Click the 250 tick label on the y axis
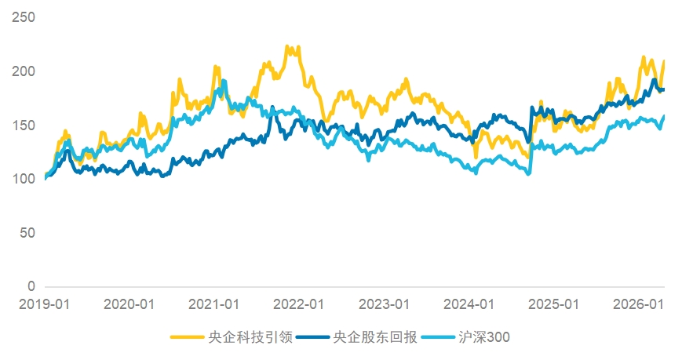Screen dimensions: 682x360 (24, 17)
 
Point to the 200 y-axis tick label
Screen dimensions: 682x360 (24, 71)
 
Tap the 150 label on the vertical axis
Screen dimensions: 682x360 (24, 125)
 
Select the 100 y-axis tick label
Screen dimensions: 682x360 (24, 179)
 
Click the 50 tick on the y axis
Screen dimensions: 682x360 (27, 233)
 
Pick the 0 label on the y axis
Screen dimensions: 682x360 (31, 286)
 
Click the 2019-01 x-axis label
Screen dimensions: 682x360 (45, 304)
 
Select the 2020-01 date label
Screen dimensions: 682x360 (129, 304)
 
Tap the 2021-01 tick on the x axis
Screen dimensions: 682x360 (214, 304)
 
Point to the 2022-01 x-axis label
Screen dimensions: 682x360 (299, 304)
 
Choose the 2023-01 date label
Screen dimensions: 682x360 (384, 304)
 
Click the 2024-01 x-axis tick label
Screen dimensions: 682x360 (469, 304)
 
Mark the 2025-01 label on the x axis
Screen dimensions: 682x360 (554, 304)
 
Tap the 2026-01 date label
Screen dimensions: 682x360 (639, 304)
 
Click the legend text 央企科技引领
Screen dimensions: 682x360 (250, 337)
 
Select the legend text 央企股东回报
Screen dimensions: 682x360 (375, 337)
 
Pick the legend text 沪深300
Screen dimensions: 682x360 (484, 337)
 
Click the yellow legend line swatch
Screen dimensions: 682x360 (187, 337)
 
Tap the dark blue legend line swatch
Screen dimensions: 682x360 (312, 337)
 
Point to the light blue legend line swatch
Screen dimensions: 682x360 (438, 337)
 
